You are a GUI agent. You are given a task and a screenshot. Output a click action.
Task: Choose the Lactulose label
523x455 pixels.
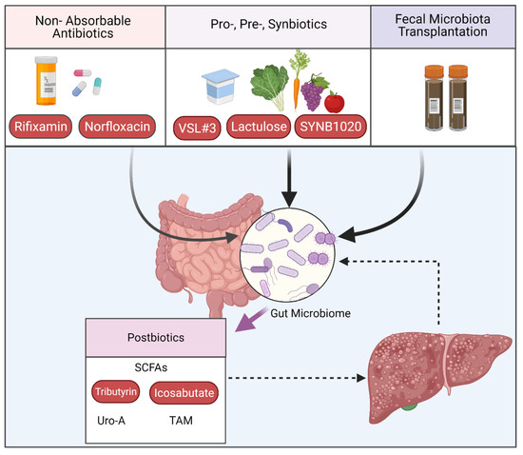(x=267, y=127)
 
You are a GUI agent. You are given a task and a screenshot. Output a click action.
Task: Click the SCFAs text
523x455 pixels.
(x=154, y=366)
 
